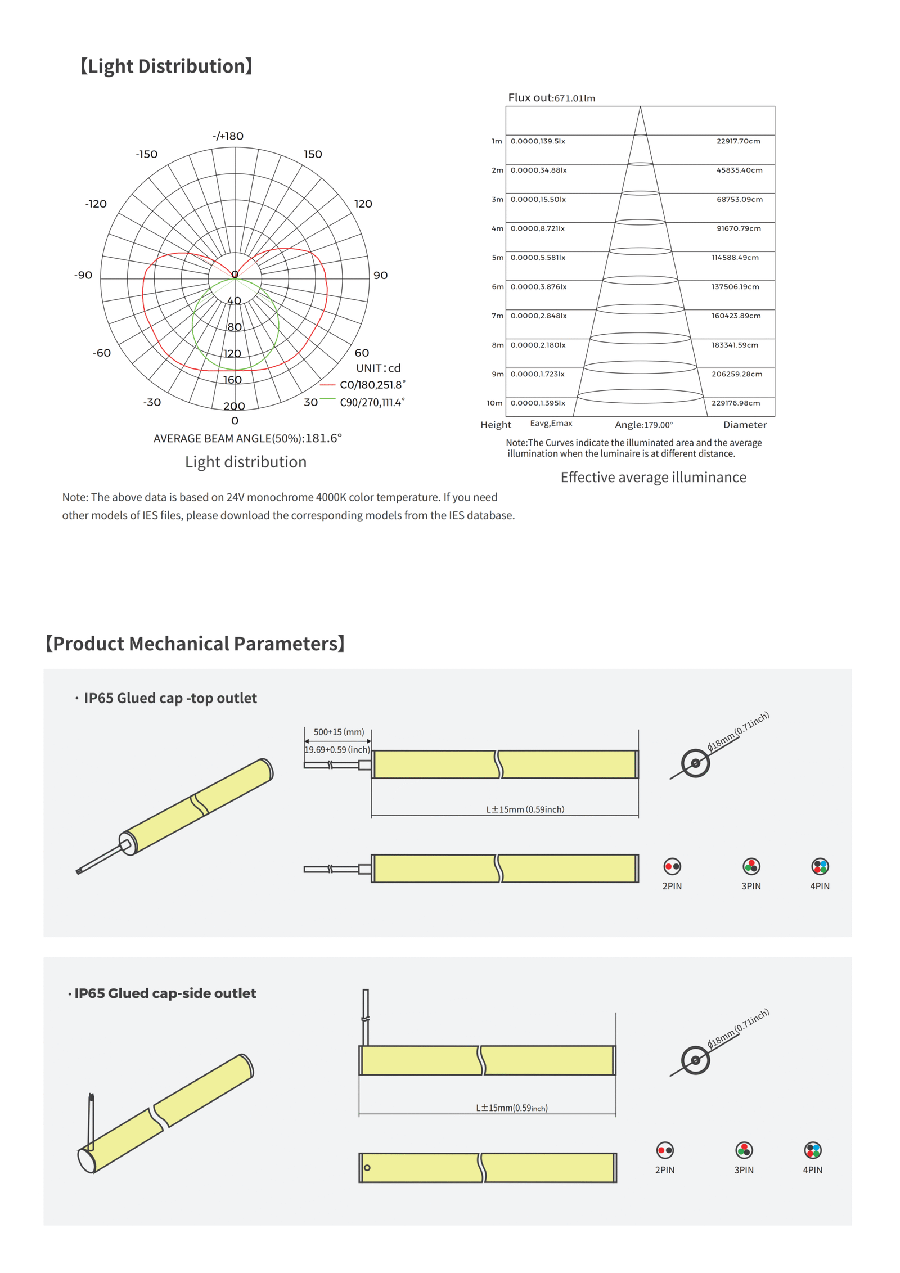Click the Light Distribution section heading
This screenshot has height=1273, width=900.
(166, 66)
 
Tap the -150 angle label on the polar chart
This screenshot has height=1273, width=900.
(147, 154)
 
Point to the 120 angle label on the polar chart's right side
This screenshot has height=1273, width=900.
(363, 204)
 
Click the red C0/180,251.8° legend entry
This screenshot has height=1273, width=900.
(371, 385)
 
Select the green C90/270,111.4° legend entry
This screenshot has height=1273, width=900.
(371, 402)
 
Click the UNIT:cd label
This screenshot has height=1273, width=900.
(378, 368)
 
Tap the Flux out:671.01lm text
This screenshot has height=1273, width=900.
(551, 98)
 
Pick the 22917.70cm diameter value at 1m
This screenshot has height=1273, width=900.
(738, 141)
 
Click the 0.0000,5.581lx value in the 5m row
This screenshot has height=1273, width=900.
(538, 258)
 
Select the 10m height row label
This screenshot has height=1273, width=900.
(494, 403)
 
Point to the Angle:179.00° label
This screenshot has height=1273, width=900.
(643, 425)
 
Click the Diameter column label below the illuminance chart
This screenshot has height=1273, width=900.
(745, 425)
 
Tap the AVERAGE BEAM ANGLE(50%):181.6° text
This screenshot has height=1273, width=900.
(247, 438)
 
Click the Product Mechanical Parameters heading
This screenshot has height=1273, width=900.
(195, 644)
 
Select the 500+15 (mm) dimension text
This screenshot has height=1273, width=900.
(339, 732)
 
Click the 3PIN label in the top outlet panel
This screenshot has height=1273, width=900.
(751, 886)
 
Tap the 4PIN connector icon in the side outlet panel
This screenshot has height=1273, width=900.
(813, 1150)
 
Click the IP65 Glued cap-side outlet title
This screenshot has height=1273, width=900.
(165, 993)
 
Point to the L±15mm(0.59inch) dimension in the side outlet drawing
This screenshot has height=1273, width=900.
(512, 1108)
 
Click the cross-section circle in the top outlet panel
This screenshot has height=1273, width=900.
(695, 763)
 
